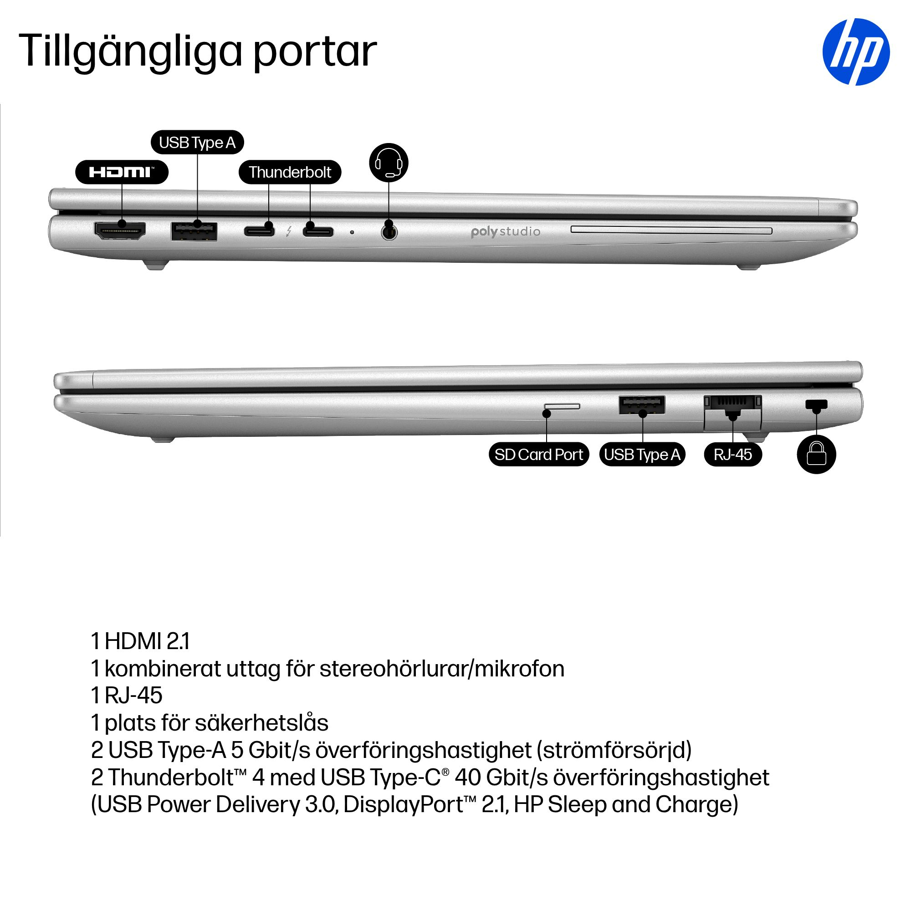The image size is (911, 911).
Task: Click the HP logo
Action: coord(856,52)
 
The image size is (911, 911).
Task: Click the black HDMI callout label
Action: coord(122,172)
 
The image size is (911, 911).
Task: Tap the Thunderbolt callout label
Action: coord(290,172)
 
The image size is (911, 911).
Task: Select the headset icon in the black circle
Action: coord(389,163)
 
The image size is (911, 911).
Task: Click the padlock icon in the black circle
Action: coord(816,454)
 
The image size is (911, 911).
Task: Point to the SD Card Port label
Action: coord(539,455)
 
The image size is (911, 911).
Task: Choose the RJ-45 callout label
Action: coord(733,455)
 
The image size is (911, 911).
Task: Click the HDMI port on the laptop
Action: coord(120,230)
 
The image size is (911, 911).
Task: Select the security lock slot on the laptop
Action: coord(817,404)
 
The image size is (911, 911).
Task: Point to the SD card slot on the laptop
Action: coord(562,406)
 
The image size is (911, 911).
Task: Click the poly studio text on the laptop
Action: coord(506,232)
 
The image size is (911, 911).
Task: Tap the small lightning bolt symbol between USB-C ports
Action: coord(289,231)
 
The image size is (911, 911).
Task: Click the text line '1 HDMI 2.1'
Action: coord(140,641)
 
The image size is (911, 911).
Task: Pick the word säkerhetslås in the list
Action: coord(262,723)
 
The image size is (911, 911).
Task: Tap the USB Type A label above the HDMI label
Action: coord(197,143)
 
